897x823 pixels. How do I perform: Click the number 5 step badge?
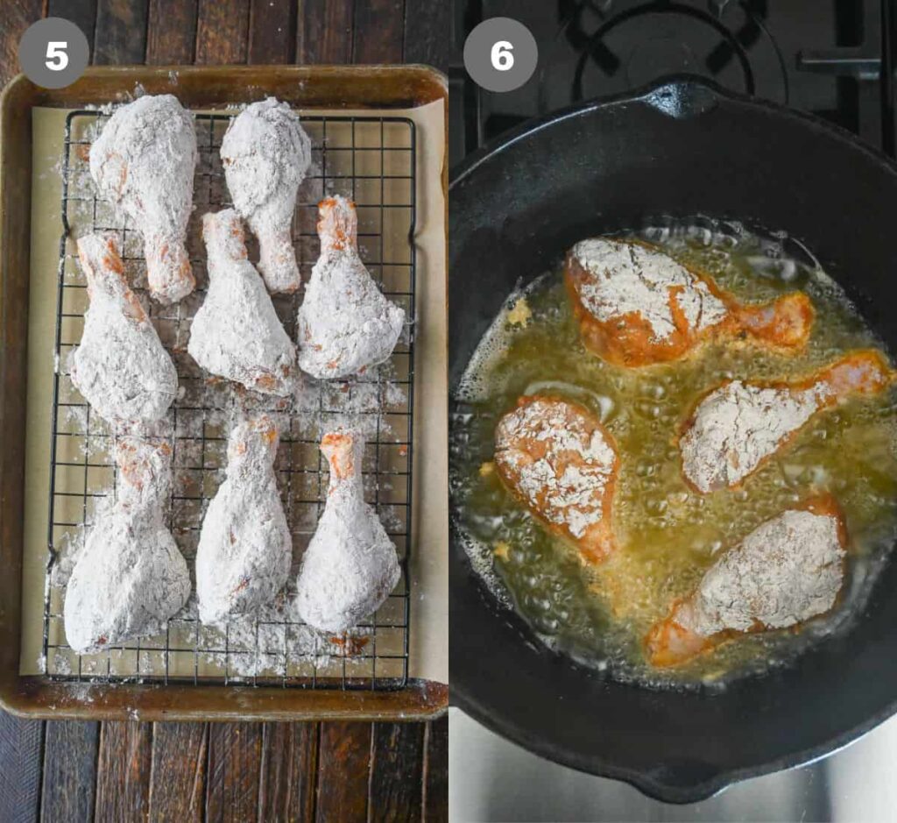pos(54,54)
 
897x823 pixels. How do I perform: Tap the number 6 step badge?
pos(500,55)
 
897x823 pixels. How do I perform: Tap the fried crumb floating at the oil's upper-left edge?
pos(519,313)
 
